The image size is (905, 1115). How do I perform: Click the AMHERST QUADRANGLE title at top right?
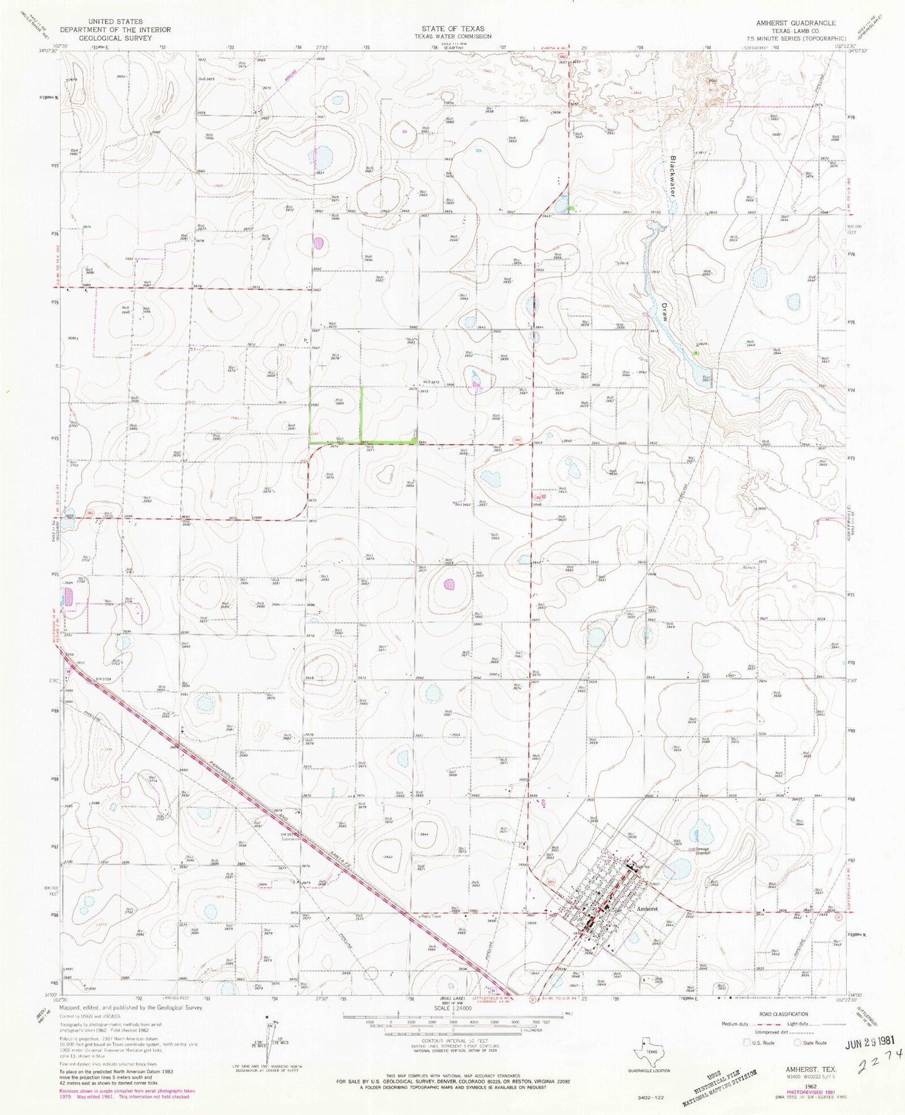[x=795, y=23]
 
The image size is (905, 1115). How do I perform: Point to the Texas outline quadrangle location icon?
[x=649, y=1045]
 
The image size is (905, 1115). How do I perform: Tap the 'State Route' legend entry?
[x=812, y=1043]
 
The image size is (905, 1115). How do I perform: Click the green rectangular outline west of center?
[x=336, y=415]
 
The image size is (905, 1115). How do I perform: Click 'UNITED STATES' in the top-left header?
[x=107, y=22]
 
